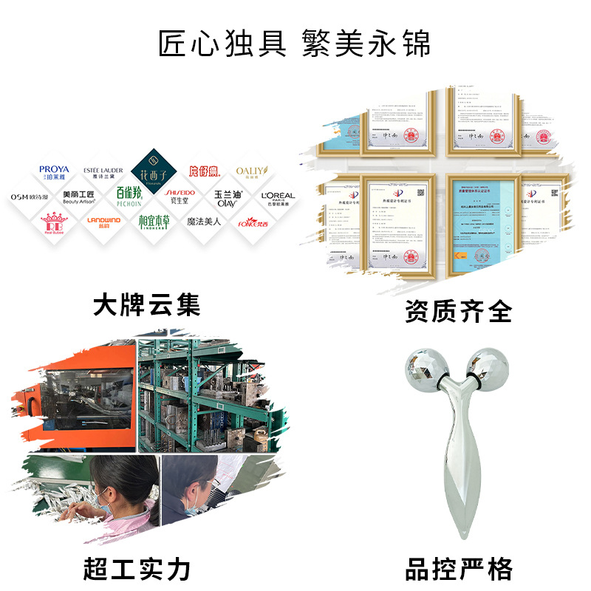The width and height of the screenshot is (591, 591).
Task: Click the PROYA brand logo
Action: tap(54, 173)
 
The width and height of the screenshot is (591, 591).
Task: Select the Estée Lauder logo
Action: tap(102, 173)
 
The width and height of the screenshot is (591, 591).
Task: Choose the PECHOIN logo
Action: tap(132, 197)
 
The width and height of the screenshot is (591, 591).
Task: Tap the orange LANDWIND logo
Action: tap(103, 220)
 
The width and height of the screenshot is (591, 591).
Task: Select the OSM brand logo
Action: tap(30, 197)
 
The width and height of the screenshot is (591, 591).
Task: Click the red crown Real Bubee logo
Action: tap(54, 221)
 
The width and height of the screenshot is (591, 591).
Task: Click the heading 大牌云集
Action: tap(147, 303)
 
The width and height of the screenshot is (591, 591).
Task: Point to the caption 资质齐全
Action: tap(458, 310)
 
